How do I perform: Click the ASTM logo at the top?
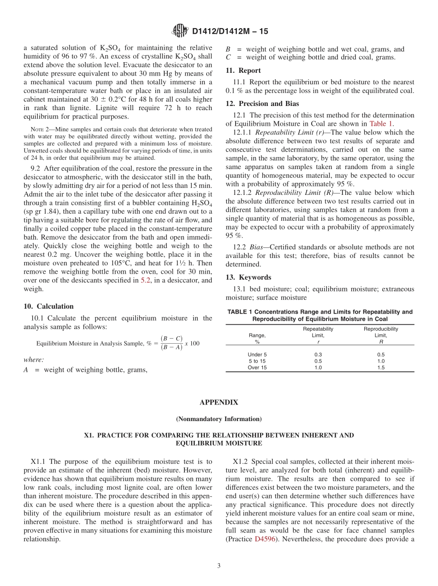tap(180, 31)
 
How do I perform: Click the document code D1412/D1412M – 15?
tap(230, 32)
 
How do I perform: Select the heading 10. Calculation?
tap(48, 306)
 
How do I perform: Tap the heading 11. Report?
tap(243, 70)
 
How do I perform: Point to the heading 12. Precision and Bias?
tap(262, 104)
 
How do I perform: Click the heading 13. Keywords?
tap(248, 277)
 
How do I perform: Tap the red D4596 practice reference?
tap(265, 539)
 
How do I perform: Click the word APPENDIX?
tap(219, 403)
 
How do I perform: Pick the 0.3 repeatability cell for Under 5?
tap(318, 355)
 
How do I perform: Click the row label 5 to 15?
tap(257, 361)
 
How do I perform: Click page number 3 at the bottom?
tap(219, 566)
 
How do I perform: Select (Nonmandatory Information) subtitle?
tap(219, 419)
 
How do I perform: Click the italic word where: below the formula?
tap(34, 360)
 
